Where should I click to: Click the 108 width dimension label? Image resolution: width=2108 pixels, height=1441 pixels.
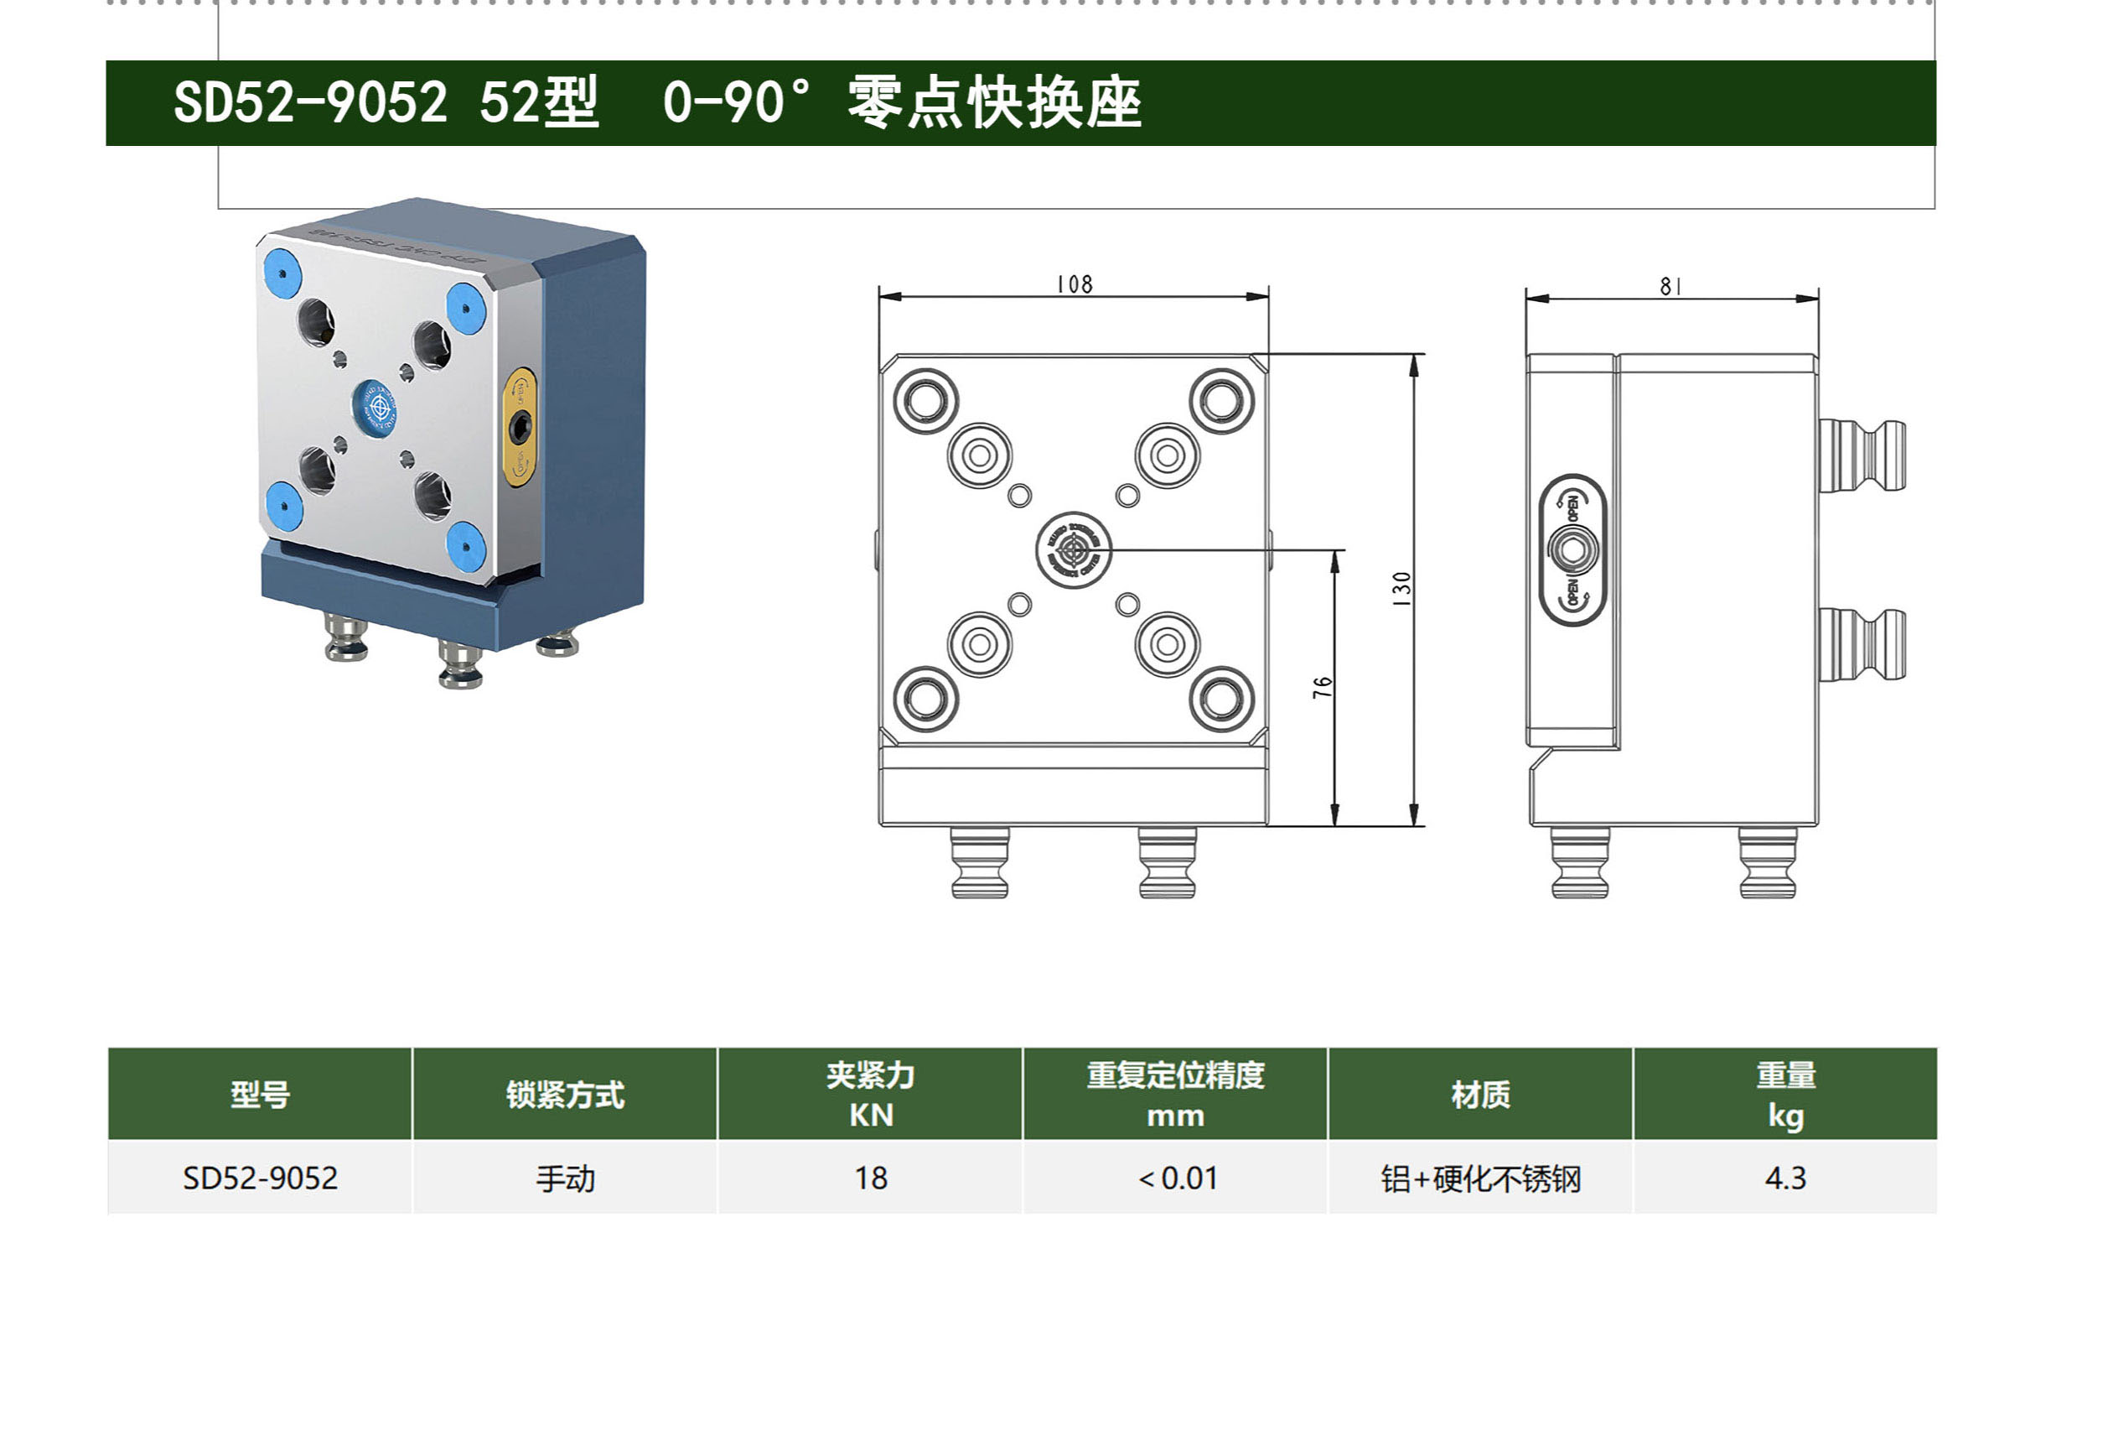click(1074, 285)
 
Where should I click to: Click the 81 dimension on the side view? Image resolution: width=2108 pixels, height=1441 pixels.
click(1670, 287)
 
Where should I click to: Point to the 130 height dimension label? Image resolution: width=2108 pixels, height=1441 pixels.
click(1401, 589)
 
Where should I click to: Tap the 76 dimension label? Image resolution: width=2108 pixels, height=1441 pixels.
click(1323, 687)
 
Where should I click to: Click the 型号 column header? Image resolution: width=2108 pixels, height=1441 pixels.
click(260, 1095)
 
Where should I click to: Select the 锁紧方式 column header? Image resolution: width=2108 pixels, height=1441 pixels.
click(565, 1095)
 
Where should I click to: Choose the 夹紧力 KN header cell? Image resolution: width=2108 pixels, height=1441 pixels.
click(870, 1095)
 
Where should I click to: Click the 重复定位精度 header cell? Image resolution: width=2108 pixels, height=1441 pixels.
click(1176, 1095)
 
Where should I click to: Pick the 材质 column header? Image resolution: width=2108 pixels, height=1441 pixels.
click(1480, 1095)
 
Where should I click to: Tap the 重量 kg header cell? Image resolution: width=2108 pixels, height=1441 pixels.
click(1785, 1095)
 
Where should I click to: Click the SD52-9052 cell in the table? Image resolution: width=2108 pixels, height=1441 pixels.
click(260, 1178)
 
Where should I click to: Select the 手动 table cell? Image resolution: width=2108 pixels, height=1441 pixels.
click(565, 1178)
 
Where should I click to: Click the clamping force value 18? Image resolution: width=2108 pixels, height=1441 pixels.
click(870, 1178)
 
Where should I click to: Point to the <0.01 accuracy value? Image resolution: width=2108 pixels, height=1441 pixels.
click(1178, 1178)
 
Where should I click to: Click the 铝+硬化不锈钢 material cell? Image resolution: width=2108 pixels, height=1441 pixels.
click(1480, 1178)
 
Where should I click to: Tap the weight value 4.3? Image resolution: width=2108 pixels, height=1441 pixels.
click(1785, 1178)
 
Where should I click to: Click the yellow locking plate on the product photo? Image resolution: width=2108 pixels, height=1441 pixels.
click(519, 426)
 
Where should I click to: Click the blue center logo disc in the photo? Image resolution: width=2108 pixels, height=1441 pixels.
click(376, 407)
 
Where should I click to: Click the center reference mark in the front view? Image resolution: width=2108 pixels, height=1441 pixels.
click(1073, 549)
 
